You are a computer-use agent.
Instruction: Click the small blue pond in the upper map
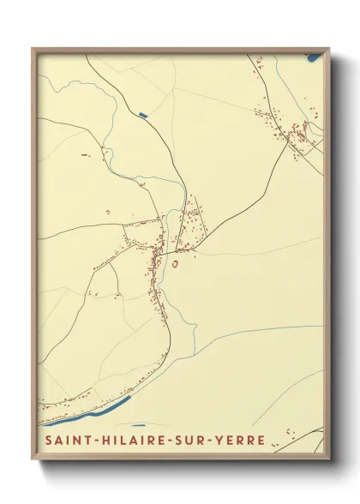(x=142, y=113)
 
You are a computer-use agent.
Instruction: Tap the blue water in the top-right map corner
(x=314, y=57)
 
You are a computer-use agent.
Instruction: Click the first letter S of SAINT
(x=44, y=441)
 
